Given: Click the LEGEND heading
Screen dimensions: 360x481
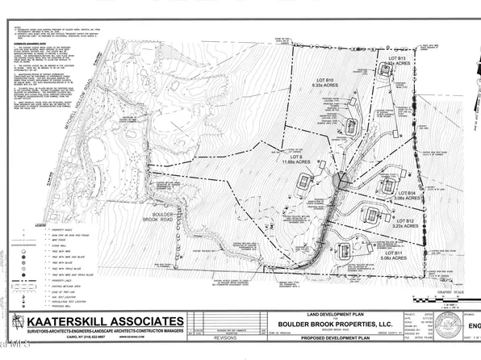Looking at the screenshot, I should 21,226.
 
